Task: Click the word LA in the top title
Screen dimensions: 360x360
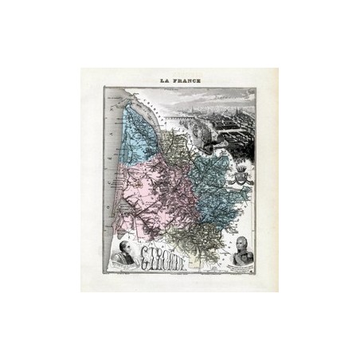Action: coord(164,81)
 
